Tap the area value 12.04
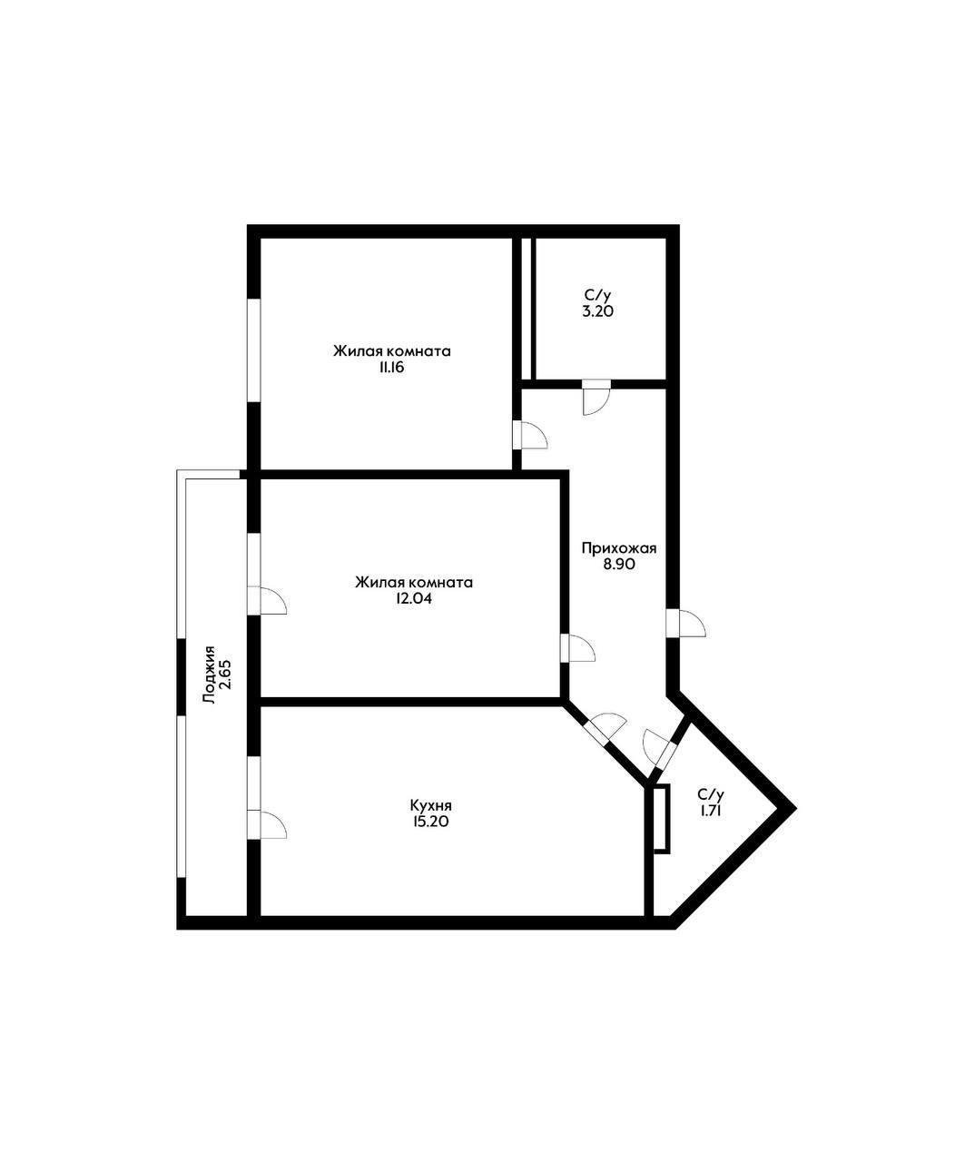coord(413,599)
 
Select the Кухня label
coord(430,804)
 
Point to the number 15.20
coord(430,822)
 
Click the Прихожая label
coord(618,547)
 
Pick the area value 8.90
coord(618,564)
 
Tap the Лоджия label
coord(210,675)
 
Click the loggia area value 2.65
coord(226,675)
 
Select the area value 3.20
coord(599,311)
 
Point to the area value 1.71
coord(711,811)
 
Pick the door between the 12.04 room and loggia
coord(266,600)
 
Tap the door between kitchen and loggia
coord(266,823)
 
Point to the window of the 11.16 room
coord(255,350)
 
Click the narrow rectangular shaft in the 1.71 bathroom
coord(662,818)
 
